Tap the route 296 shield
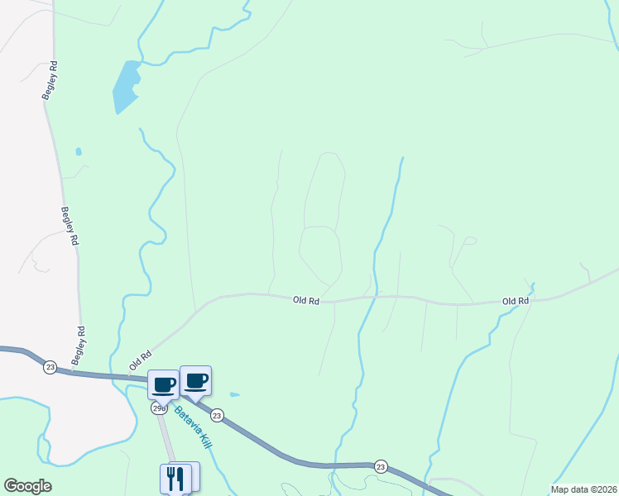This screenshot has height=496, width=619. [x=159, y=408]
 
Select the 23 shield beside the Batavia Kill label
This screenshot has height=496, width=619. [x=217, y=415]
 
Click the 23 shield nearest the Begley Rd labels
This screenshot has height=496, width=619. [x=50, y=366]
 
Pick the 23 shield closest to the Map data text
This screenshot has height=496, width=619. [x=380, y=466]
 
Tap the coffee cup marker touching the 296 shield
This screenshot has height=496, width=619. [x=164, y=384]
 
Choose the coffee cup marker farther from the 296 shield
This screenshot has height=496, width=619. [x=195, y=380]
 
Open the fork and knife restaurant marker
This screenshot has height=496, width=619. [x=175, y=477]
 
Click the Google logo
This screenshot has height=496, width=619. [x=27, y=486]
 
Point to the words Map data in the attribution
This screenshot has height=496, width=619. [x=569, y=489]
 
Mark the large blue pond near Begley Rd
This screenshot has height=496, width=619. [x=125, y=86]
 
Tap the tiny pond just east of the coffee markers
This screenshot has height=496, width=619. [x=235, y=394]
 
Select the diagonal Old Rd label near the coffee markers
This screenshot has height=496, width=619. [x=140, y=360]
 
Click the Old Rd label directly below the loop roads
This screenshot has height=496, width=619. [x=306, y=301]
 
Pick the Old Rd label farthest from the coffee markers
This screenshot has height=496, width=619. [x=516, y=301]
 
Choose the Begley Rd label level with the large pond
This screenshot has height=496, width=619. [x=50, y=80]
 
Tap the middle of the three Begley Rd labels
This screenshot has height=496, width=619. [x=69, y=226]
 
